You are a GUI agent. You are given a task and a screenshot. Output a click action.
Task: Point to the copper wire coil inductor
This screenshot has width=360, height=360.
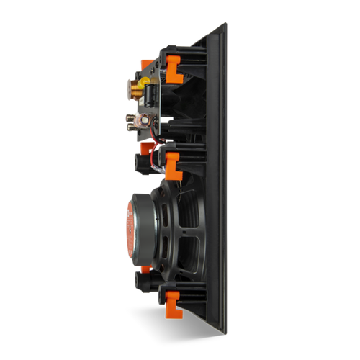pos(136,89)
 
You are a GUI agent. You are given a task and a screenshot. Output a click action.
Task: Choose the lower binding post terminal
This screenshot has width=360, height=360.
pos(135,123)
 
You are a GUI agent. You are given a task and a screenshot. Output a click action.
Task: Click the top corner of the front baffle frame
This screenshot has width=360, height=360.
pos(224,25)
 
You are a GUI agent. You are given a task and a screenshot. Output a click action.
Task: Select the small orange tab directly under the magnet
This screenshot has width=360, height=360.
pos(146,269)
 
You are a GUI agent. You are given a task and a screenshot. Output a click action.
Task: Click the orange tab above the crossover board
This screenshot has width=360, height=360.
pos(147,64)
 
